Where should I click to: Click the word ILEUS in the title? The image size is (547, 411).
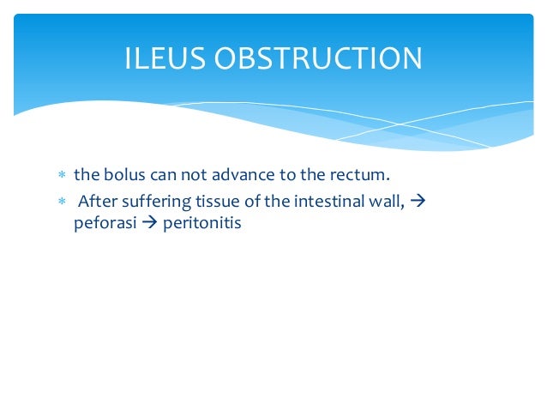tap(162, 58)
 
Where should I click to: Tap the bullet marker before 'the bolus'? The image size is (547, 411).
tap(62, 177)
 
